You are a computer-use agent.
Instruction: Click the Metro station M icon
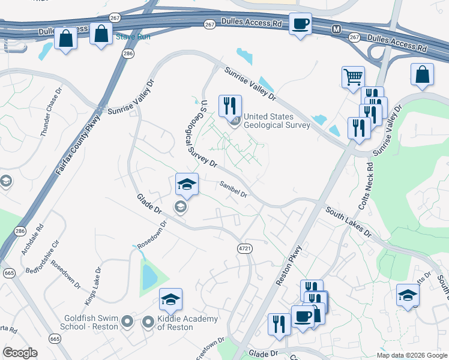[336, 28]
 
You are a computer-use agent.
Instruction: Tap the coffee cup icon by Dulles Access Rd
[300, 25]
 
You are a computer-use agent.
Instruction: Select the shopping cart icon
[353, 77]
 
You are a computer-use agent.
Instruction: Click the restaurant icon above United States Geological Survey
[229, 106]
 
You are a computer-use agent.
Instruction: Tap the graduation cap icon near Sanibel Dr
[187, 184]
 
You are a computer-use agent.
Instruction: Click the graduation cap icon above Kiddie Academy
[170, 299]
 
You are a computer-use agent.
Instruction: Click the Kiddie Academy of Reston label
[179, 323]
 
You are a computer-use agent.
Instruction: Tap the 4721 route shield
[243, 248]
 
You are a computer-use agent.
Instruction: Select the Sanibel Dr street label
[234, 190]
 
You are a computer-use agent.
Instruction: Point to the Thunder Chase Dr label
[51, 114]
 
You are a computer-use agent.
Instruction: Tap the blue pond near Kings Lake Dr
[147, 276]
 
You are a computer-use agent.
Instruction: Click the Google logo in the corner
[20, 353]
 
